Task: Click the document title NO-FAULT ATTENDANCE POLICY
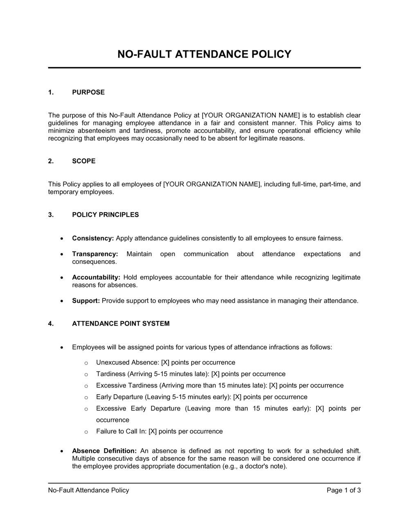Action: [204, 54]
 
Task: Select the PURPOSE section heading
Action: [88, 92]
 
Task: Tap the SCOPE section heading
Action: [84, 161]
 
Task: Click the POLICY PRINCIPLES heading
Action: [106, 215]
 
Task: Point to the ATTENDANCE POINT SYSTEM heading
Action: [121, 324]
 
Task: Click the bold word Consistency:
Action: [93, 238]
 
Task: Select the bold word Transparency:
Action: [95, 254]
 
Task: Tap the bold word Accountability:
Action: [96, 277]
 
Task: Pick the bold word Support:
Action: [86, 301]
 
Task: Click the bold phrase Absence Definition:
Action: [104, 451]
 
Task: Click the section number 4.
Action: [51, 324]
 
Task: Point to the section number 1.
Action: [51, 92]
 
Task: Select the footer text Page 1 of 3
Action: [344, 490]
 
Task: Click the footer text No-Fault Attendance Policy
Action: [88, 490]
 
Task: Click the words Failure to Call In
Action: [121, 431]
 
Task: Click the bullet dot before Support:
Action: [62, 301]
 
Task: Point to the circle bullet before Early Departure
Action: [86, 397]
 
